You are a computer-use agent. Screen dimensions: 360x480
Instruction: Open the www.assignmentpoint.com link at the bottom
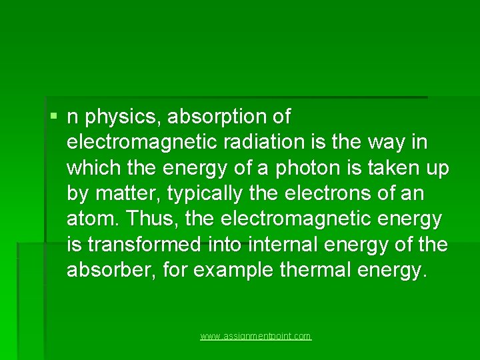click(x=256, y=337)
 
